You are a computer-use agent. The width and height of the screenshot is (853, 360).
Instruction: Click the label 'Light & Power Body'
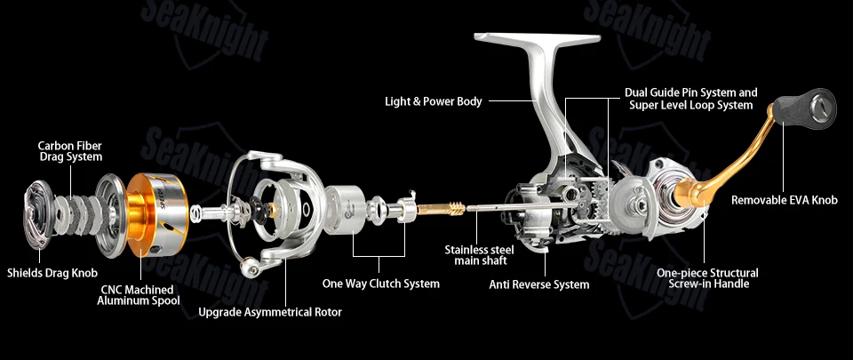pos(433,101)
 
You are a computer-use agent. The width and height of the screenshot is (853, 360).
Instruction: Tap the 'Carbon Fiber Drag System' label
pos(69,151)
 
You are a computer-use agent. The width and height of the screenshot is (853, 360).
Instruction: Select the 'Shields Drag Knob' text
pos(52,273)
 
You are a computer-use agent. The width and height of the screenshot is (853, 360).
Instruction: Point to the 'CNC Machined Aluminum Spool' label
pos(139,295)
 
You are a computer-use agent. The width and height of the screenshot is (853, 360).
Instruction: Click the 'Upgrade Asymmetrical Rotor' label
pos(270,312)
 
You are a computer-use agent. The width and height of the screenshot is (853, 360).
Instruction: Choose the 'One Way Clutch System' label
pos(381,284)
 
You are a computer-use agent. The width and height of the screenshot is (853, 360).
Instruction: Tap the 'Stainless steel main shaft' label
pos(479,255)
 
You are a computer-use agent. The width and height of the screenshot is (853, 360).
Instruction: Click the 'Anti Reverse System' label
pos(539,284)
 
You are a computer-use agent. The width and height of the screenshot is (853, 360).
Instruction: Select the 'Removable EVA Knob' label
pos(785,200)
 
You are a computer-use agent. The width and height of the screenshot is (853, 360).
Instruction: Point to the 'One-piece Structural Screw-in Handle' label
pos(707,278)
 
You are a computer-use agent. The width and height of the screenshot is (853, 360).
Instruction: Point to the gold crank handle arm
pos(723,164)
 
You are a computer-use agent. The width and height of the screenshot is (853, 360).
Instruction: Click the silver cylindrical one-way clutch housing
pos(345,210)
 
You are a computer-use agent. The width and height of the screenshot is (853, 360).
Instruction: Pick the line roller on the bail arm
pos(251,266)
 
